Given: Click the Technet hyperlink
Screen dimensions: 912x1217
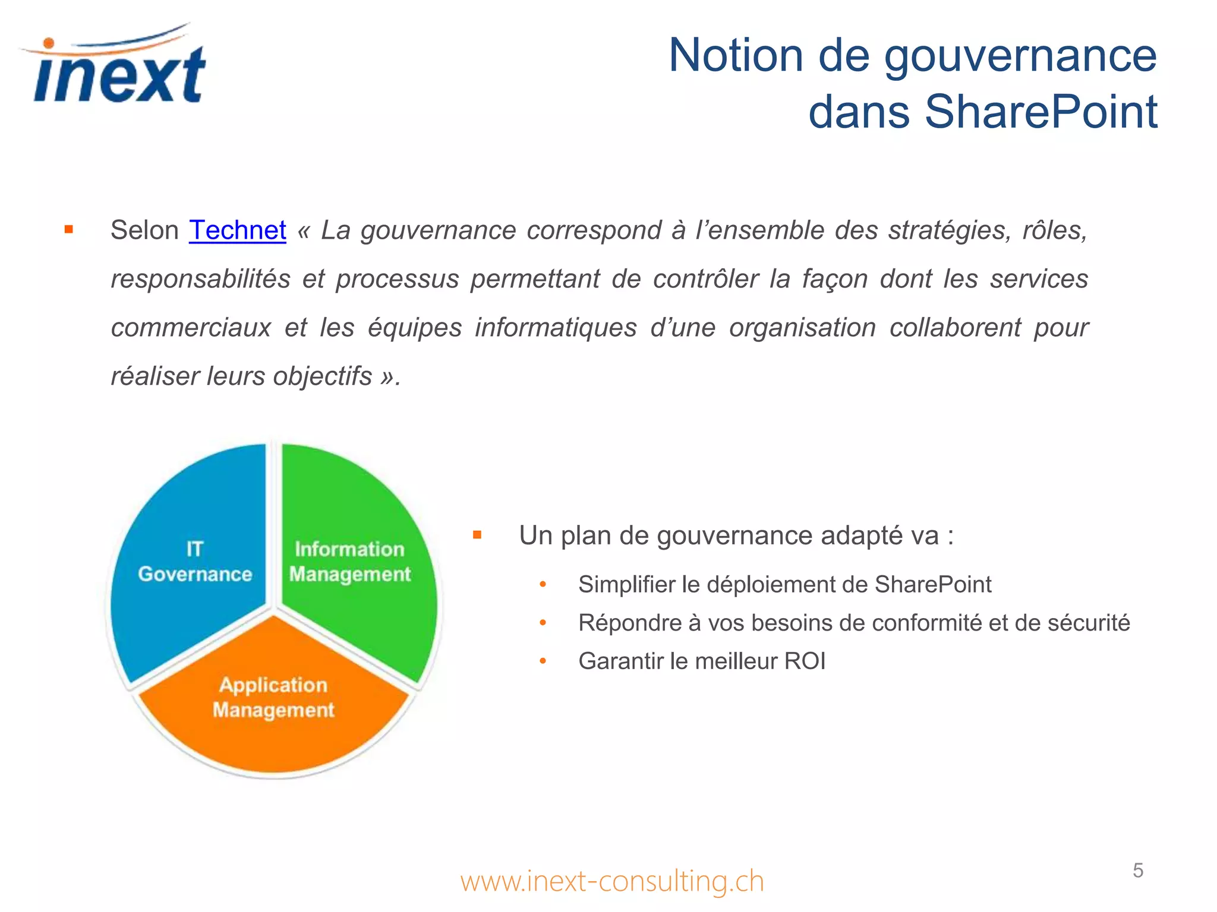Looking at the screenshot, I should point(237,230).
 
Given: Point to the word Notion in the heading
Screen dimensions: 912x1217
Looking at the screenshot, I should point(736,55).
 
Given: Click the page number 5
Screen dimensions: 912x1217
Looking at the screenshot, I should point(1137,870).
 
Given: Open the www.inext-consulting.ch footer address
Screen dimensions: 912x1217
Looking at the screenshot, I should point(611,881).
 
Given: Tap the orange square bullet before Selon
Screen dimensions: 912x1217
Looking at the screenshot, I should point(69,230).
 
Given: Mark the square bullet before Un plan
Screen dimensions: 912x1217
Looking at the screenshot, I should point(477,536).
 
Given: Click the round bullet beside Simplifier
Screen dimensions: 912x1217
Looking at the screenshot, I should point(543,585).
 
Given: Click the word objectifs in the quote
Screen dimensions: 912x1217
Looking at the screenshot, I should point(322,376).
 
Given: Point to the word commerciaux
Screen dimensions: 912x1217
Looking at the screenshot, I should point(191,328).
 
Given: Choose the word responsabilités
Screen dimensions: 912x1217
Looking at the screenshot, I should point(200,279).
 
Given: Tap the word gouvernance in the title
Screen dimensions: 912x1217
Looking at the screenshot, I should point(1020,55).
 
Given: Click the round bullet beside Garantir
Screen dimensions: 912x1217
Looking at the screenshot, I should point(543,661).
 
